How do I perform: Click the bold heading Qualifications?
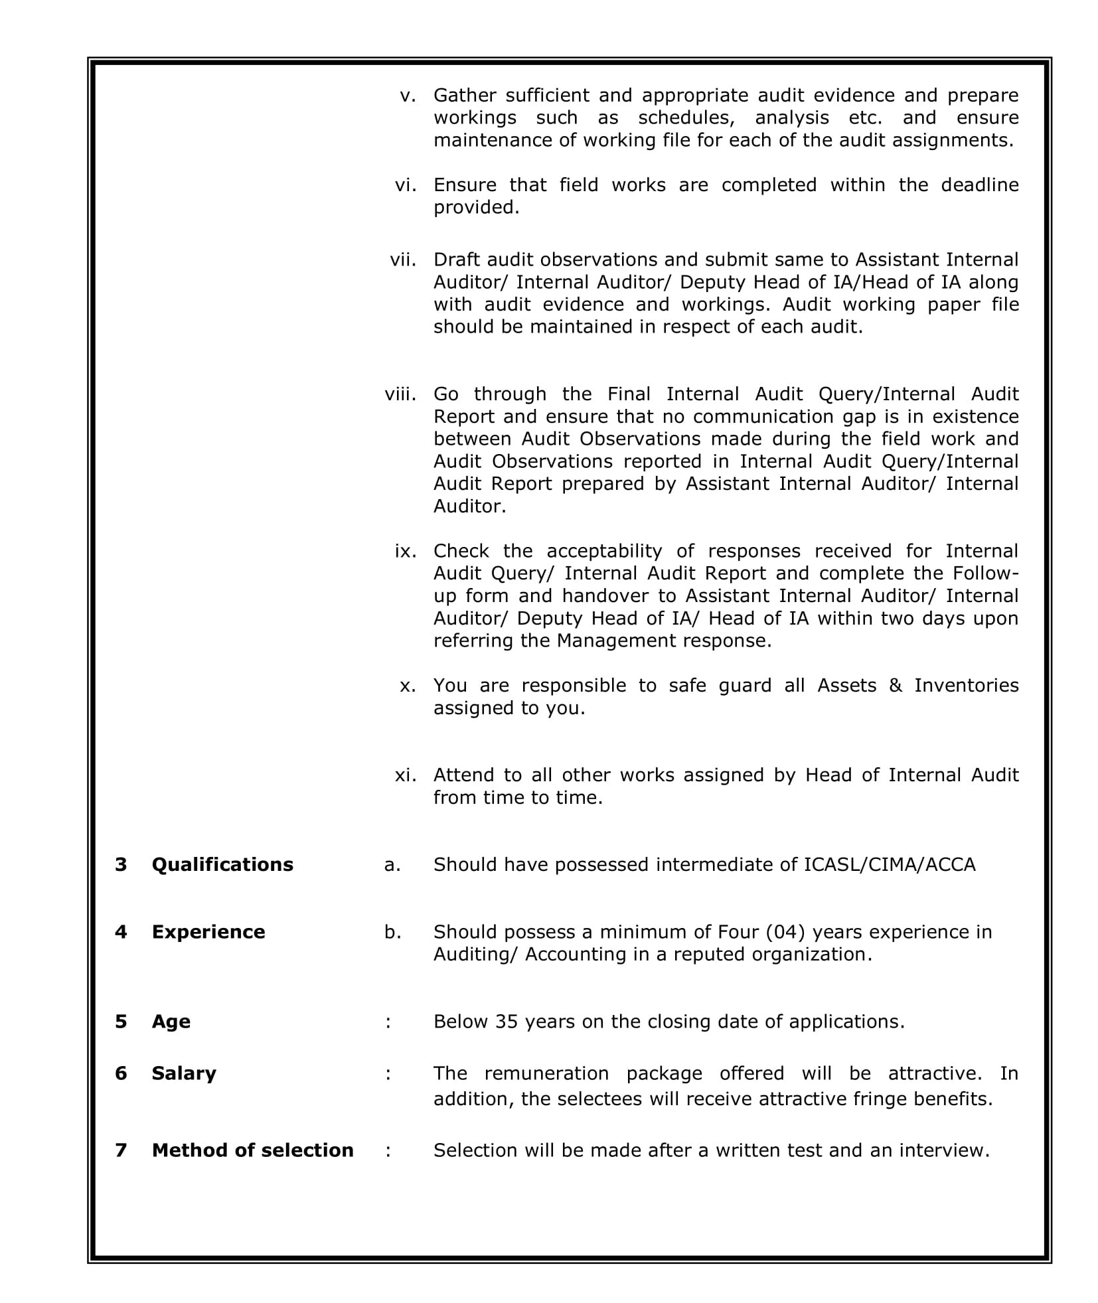222,864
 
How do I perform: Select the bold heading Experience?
208,932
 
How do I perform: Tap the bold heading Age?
171,1021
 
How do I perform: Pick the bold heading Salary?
183,1073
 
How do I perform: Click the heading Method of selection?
252,1150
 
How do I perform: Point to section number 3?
121,864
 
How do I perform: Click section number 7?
121,1150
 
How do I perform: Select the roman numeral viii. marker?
400,394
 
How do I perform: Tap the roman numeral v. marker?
408,96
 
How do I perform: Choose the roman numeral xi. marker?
405,775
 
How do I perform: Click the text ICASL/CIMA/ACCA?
890,864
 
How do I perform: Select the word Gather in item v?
465,96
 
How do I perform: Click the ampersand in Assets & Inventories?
895,685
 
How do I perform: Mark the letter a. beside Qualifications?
392,864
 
